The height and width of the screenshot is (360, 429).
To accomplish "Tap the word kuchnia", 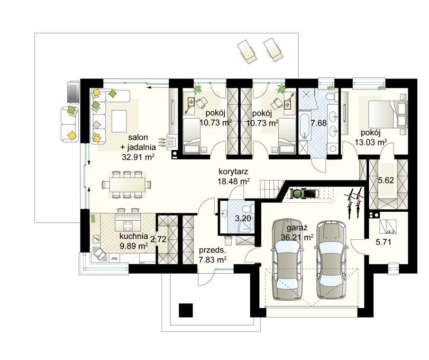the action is tap(134, 236).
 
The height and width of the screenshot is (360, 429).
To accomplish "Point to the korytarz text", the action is tap(233, 172).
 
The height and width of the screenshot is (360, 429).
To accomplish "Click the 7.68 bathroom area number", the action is tap(319, 123).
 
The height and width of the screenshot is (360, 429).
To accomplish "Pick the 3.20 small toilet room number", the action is tap(243, 219).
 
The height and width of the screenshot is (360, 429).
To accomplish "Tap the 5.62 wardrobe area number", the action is tap(386, 181).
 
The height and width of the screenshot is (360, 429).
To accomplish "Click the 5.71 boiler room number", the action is tap(384, 242).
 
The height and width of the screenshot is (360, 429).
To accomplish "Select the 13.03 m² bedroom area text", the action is tap(371, 142).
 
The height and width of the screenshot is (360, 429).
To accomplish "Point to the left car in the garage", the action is tap(287, 259).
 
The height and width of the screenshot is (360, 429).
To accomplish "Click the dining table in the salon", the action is tap(127, 185).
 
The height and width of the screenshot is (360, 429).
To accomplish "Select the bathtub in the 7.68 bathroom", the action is tap(304, 125).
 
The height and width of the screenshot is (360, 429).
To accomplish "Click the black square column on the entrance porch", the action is tap(186, 310).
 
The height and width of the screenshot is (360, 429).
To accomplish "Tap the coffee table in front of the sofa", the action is tap(119, 121).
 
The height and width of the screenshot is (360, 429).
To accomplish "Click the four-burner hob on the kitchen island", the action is tap(128, 226).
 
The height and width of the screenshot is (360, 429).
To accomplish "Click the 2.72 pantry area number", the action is tap(158, 239).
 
